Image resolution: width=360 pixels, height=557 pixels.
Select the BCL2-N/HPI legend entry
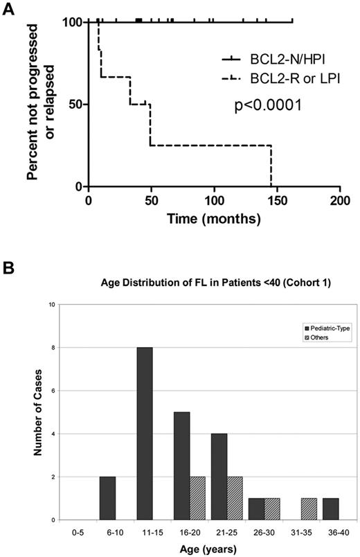click(x=273, y=61)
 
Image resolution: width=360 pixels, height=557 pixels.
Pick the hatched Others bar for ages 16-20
click(x=197, y=498)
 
